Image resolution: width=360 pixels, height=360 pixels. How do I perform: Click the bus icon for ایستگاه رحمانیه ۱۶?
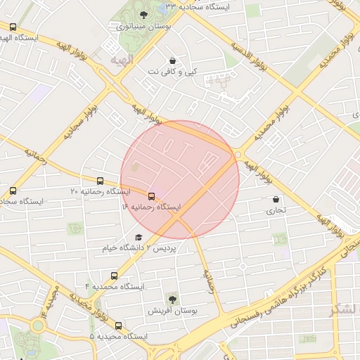(151, 196)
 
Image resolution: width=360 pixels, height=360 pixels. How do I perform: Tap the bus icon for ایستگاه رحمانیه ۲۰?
(101, 181)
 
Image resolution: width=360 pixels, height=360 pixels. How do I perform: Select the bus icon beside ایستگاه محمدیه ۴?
(114, 276)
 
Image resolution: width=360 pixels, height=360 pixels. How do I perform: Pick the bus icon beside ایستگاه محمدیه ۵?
(117, 326)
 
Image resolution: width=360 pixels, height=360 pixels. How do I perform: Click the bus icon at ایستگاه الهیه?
(13, 27)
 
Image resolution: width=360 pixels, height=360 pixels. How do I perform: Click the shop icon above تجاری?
(275, 199)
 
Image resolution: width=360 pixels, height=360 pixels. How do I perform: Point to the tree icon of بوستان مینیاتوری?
(144, 15)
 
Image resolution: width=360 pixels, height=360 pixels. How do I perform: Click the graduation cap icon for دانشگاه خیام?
(139, 238)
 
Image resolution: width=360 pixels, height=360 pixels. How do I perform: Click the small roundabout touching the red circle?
(239, 154)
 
